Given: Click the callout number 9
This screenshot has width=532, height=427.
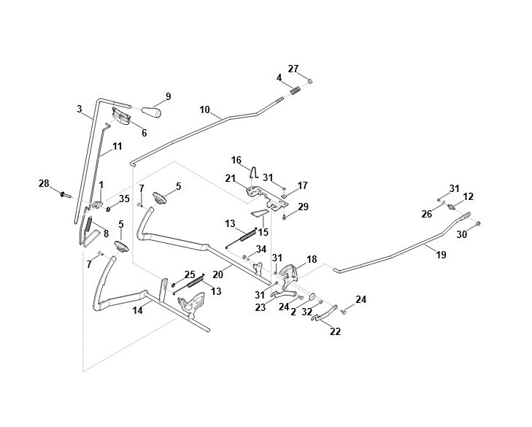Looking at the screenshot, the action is click(169, 96).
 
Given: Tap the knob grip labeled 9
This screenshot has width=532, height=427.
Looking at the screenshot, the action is click(151, 112).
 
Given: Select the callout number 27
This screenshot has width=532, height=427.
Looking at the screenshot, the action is click(293, 69).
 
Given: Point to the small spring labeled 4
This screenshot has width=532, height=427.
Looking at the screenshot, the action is click(296, 91).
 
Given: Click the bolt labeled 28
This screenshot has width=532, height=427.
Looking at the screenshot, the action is click(64, 195).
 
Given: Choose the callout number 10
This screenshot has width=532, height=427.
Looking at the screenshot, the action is click(205, 110).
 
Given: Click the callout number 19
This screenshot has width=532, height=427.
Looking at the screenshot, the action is click(441, 255).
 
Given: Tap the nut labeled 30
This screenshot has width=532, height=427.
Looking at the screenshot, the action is click(478, 223).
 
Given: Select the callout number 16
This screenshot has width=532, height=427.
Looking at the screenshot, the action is click(236, 160).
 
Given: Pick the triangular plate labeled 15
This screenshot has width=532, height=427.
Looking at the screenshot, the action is click(260, 213).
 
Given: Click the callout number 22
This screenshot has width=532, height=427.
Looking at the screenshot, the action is click(335, 331).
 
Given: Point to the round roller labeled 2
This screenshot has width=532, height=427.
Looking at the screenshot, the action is click(312, 296).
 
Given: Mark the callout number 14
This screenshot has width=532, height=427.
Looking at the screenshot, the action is click(137, 310).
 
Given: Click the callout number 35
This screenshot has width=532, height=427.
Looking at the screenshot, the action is click(124, 199).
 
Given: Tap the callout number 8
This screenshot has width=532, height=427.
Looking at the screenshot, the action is click(106, 234).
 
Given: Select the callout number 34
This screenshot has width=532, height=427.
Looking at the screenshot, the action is click(261, 249).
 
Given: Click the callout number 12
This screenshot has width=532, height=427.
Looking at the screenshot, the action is click(469, 196).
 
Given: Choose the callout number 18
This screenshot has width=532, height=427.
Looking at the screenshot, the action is click(312, 259).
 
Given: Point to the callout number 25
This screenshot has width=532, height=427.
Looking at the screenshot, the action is click(190, 274).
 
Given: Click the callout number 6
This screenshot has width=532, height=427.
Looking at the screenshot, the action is click(144, 133).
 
